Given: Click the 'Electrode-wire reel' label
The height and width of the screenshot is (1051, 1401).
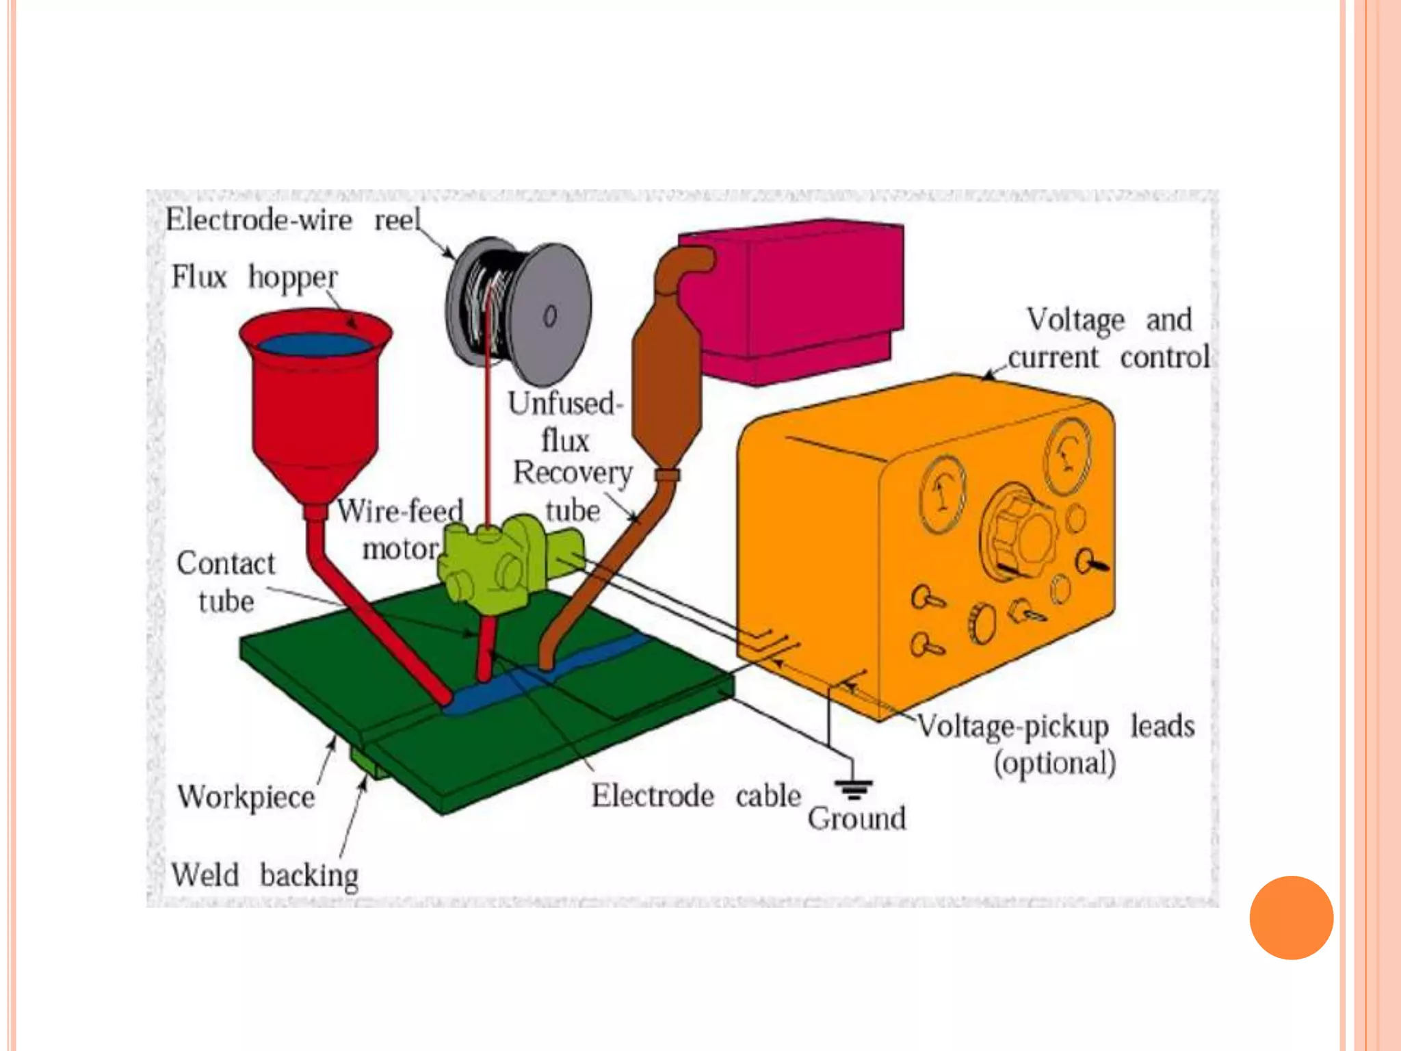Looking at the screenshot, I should point(293,220).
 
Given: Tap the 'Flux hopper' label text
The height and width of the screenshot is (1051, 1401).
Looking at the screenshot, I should point(254,277).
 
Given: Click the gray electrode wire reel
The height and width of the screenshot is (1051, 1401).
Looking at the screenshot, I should point(520,311).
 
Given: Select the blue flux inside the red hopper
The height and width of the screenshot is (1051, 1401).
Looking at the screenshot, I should point(314,344).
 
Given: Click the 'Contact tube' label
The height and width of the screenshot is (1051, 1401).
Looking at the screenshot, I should point(226,582).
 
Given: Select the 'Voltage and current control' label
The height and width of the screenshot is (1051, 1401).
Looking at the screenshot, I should point(1108,338).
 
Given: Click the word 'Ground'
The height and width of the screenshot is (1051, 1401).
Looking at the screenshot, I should point(856,818).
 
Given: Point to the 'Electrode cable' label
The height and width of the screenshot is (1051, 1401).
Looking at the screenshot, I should point(696,796).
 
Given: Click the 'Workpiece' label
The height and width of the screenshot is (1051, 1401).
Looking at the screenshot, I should point(246,797).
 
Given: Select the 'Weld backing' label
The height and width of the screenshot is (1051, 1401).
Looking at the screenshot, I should point(264,875).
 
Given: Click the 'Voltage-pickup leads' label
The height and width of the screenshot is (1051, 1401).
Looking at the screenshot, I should point(1056,726).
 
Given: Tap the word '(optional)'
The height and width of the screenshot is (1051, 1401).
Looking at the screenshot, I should point(1054,763).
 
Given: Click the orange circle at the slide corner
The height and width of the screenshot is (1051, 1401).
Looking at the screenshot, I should point(1291,918).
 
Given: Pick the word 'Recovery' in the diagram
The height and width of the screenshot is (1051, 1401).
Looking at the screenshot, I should point(573,472).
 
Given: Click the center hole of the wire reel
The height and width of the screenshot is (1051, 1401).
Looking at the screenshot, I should point(550,315).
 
